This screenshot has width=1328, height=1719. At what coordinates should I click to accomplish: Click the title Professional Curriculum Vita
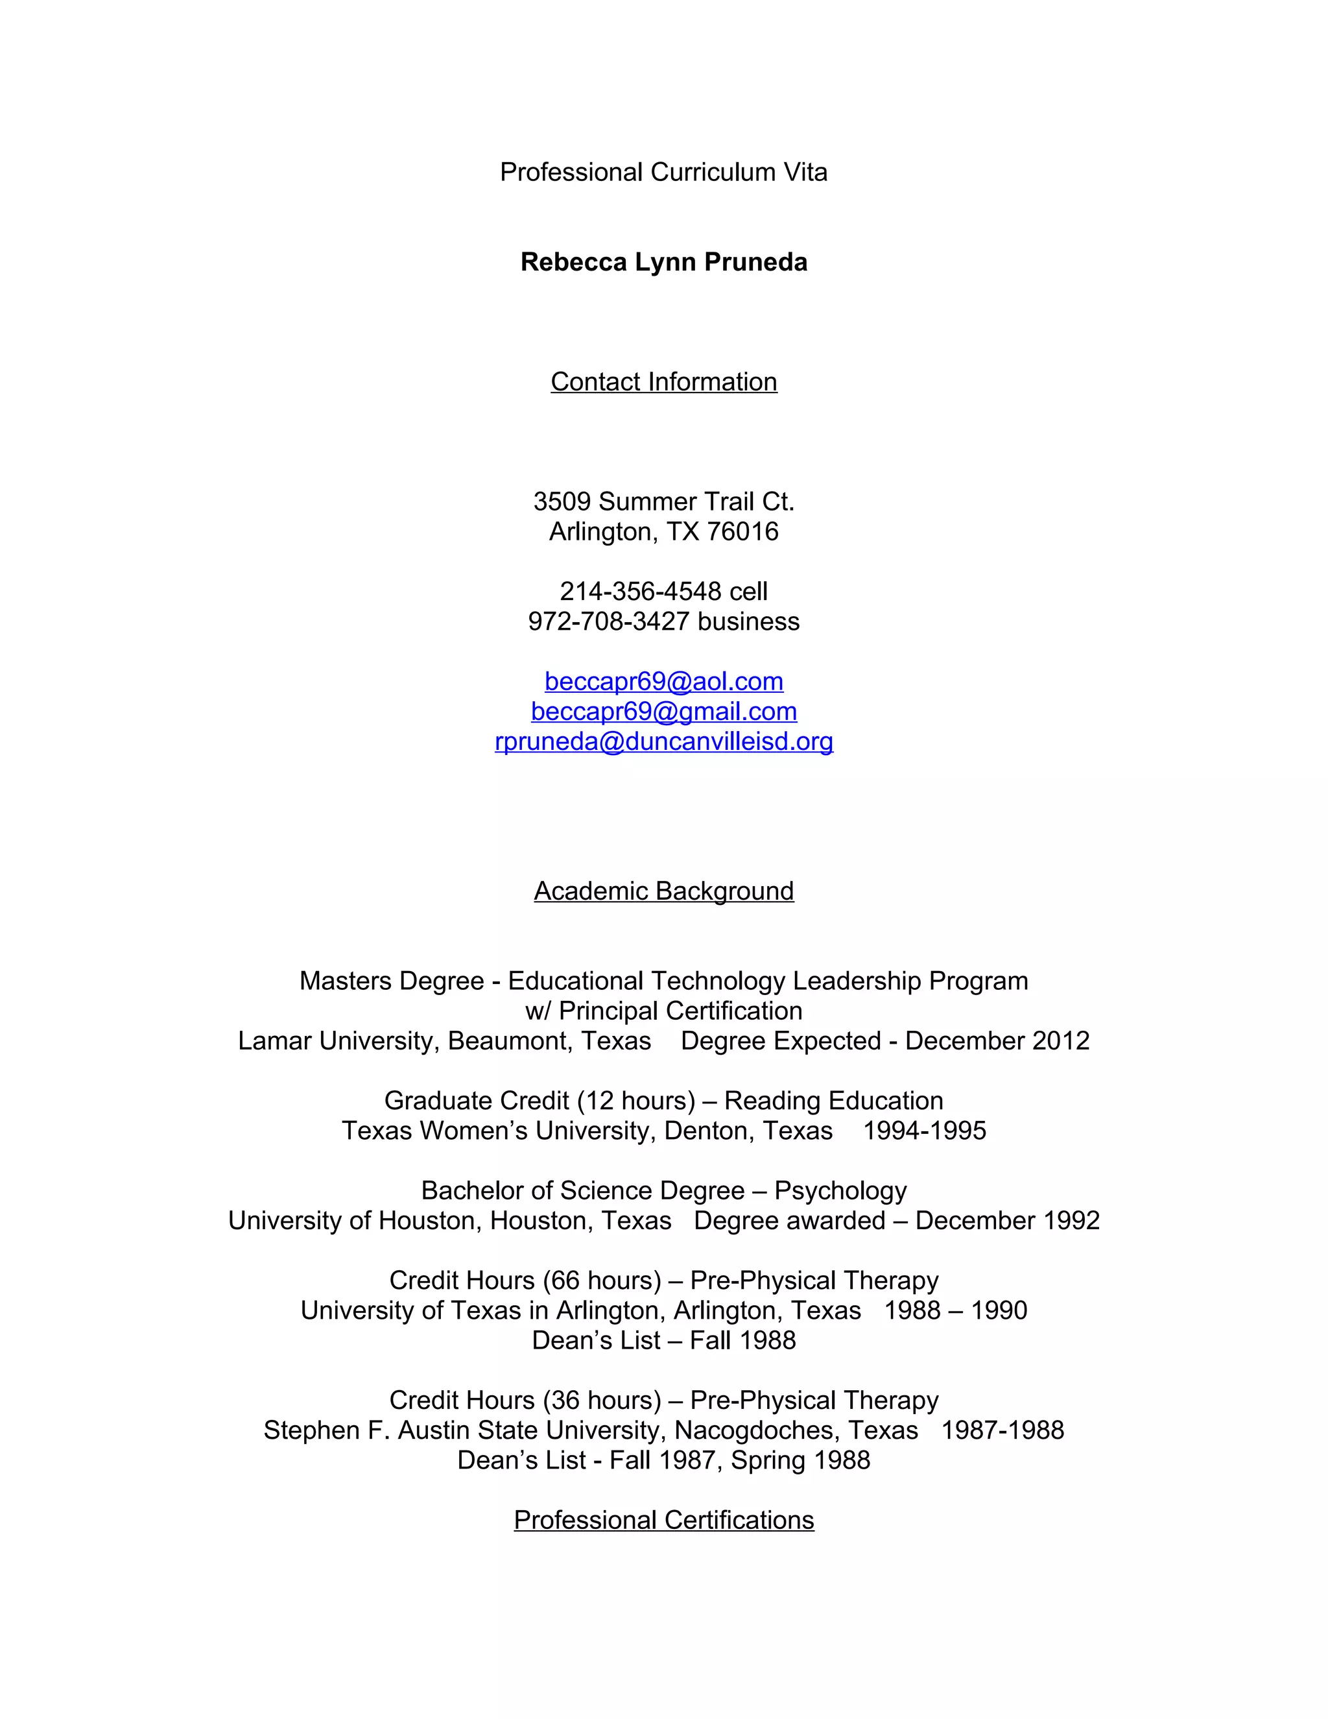663,172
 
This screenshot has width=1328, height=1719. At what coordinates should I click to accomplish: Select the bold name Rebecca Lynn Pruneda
663,262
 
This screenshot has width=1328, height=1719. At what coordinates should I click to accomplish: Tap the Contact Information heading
663,381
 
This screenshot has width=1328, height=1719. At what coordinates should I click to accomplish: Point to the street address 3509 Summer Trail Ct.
663,501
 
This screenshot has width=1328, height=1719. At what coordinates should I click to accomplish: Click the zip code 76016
742,532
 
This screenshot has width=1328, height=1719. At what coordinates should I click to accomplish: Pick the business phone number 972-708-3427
608,622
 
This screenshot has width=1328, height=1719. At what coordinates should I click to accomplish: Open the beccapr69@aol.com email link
663,682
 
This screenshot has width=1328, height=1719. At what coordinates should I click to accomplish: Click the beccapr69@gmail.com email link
663,712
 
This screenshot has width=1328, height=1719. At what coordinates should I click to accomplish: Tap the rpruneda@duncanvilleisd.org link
663,741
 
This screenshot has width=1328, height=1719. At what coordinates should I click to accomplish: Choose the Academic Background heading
663,891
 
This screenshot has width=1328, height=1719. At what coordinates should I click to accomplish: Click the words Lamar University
338,1041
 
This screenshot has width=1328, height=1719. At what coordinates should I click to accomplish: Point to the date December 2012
997,1041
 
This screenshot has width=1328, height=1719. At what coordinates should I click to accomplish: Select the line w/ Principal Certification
663,1011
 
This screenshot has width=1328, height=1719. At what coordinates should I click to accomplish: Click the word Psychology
840,1191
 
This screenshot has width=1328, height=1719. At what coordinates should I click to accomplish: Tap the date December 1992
1007,1221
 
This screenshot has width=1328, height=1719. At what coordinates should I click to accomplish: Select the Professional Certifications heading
663,1520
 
